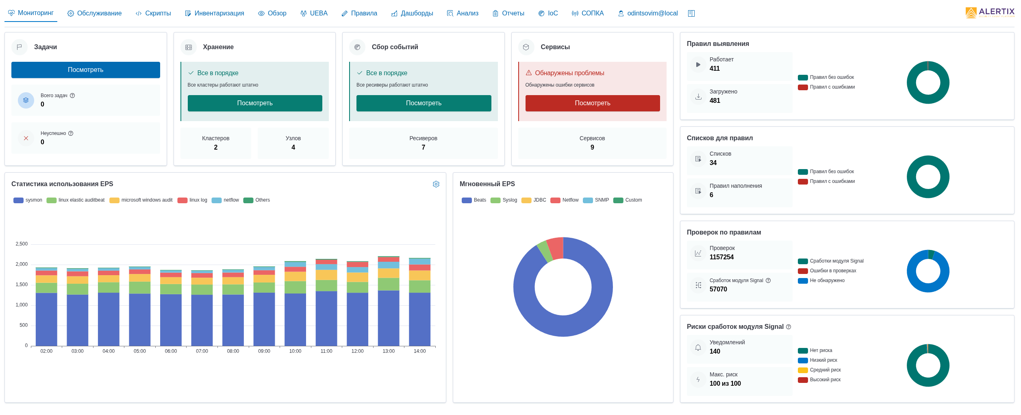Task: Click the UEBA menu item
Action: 314,13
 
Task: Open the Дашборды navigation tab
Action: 412,13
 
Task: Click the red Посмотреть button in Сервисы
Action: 592,103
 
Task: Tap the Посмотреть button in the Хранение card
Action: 255,103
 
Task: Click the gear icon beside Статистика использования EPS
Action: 436,184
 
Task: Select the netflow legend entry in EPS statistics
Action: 226,200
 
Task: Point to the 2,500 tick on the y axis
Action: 22,244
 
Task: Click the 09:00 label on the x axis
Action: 264,351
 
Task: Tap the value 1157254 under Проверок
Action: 721,257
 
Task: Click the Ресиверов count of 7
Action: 423,147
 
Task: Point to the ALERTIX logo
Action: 990,13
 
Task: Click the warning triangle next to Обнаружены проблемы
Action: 529,73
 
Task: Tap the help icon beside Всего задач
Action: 72,96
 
